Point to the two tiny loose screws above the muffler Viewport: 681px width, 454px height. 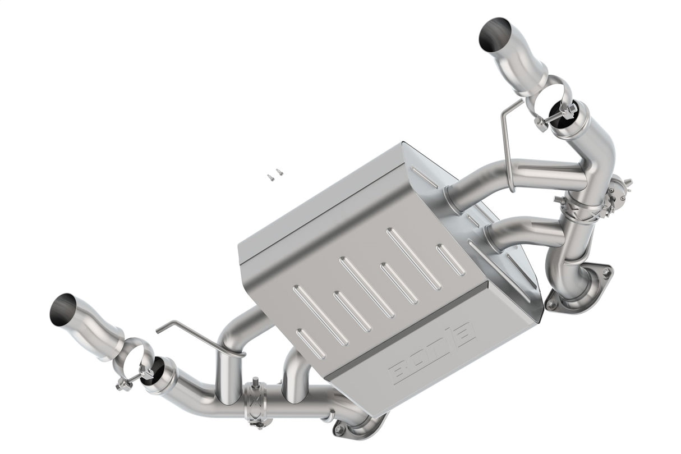pos(275,175)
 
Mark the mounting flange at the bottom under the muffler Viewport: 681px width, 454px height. pos(362,427)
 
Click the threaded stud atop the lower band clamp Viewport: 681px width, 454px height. pos(256,383)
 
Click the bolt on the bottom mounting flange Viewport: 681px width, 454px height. pos(339,430)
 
